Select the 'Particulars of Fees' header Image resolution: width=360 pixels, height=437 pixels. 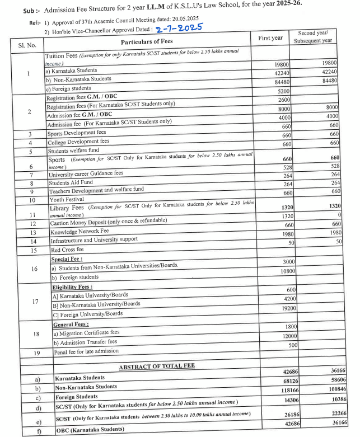click(147, 41)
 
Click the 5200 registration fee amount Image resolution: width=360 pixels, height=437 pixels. click(283, 91)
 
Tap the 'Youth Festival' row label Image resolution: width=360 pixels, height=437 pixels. click(67, 199)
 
